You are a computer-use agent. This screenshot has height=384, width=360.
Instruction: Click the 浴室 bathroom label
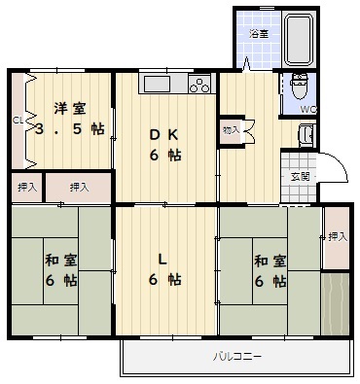point(259,34)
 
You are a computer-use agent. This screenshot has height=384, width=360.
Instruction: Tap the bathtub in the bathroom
point(299,39)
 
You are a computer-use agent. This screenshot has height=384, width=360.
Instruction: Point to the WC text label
point(307,110)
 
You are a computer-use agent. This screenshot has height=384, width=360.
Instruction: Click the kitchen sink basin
point(157,84)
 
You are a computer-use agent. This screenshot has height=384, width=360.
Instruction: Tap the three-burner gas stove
point(199,85)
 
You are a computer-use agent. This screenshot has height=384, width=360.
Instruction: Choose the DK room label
point(163,135)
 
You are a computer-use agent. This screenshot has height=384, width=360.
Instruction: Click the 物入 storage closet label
point(231,130)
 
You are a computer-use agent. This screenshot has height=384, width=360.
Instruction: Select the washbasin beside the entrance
point(306,135)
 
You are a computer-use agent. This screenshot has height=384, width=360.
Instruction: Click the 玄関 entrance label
point(300,177)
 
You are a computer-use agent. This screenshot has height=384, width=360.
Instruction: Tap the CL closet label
point(18,121)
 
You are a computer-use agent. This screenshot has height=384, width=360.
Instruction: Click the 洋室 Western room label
point(70,109)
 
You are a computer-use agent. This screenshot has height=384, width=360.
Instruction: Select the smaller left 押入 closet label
point(27,188)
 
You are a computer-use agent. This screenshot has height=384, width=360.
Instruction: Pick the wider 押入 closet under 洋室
point(78,188)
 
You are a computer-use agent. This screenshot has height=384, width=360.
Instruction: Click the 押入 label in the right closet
point(338,237)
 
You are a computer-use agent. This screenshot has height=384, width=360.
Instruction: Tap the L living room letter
point(162,260)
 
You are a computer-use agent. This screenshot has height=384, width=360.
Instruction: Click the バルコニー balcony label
point(237,357)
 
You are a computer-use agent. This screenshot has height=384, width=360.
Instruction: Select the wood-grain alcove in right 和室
point(335,304)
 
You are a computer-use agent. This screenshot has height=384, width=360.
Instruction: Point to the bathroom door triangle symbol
point(246,63)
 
